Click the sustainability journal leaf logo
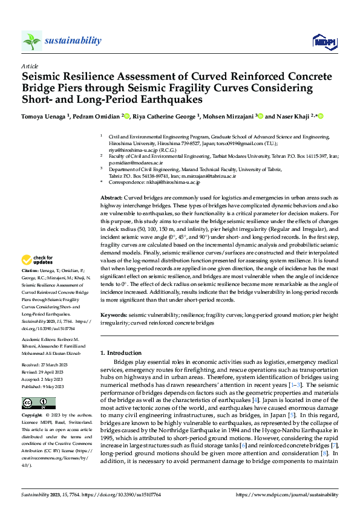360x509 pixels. click(32, 41)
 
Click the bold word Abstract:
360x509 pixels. click(111, 198)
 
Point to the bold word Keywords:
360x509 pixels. click(113, 316)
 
